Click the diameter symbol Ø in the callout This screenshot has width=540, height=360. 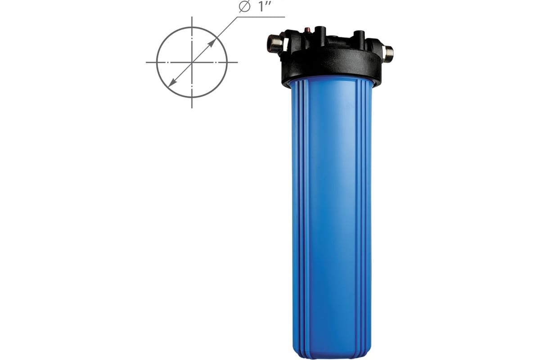[244, 6]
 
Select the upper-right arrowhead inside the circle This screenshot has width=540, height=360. [211, 43]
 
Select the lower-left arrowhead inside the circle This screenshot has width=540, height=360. [173, 82]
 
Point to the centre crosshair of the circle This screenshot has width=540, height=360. [192, 63]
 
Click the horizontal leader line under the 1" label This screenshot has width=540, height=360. [261, 17]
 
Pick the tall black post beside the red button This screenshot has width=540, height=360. [320, 32]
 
